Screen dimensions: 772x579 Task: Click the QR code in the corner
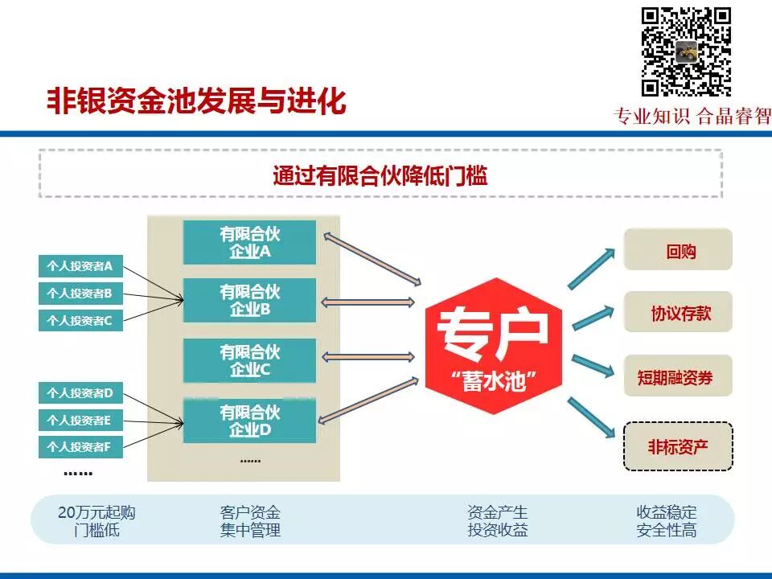pyautogui.click(x=686, y=51)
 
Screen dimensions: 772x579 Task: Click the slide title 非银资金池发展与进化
pyautogui.click(x=195, y=102)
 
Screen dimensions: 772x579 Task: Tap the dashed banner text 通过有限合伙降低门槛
pyautogui.click(x=380, y=175)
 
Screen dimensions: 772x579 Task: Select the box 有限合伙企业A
pyautogui.click(x=249, y=242)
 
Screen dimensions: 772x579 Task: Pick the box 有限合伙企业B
pyautogui.click(x=249, y=300)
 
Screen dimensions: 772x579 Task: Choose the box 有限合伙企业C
pyautogui.click(x=249, y=360)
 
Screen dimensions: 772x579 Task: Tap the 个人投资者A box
pyautogui.click(x=79, y=266)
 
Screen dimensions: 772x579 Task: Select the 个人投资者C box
pyautogui.click(x=79, y=320)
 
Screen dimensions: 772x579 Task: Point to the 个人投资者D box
pyautogui.click(x=79, y=393)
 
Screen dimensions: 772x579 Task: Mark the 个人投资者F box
pyautogui.click(x=79, y=446)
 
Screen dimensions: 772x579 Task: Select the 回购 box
pyautogui.click(x=678, y=250)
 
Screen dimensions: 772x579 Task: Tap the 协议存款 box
pyautogui.click(x=678, y=312)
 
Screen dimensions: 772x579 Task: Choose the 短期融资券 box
pyautogui.click(x=678, y=376)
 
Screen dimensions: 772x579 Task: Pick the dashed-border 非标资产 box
pyautogui.click(x=678, y=446)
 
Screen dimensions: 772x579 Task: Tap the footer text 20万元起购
pyautogui.click(x=96, y=512)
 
